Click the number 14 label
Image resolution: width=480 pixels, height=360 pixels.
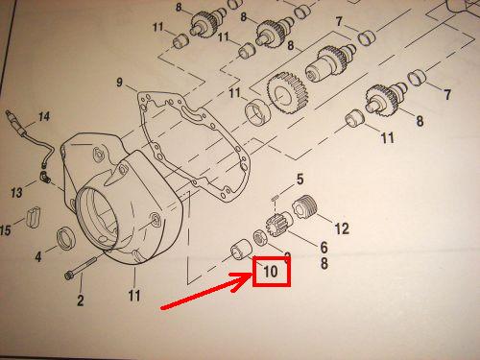pos(44,116)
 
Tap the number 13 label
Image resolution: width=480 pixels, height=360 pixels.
pos(16,192)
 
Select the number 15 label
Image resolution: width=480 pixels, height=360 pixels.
pos(6,229)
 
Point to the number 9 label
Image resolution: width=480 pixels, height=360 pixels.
pos(119,83)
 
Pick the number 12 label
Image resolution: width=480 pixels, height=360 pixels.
pos(342,228)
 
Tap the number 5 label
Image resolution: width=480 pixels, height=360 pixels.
pos(300,180)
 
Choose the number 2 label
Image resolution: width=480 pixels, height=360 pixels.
pos(81,300)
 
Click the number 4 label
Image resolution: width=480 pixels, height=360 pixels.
pos(38,256)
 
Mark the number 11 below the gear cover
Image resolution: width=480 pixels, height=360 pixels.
pos(134,295)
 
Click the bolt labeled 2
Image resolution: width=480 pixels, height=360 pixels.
pos(81,267)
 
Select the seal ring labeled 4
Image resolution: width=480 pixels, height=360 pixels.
pos(66,238)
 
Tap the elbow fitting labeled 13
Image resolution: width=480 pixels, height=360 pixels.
pos(45,177)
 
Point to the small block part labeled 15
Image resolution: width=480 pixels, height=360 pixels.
pos(35,217)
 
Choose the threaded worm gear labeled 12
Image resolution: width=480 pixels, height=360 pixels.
pos(304,207)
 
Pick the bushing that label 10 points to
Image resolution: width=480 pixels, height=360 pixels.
pos(240,250)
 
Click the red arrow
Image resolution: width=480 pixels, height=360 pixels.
pos(207,291)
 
